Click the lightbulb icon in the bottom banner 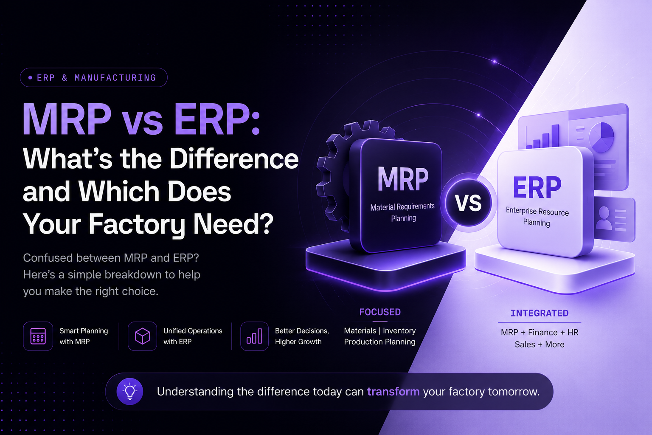(x=130, y=391)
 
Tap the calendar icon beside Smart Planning (x=38, y=336)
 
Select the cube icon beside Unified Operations (x=142, y=336)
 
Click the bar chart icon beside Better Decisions (x=254, y=336)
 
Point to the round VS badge (x=468, y=203)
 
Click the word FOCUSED (x=380, y=312)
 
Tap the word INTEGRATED (x=540, y=313)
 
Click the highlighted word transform (x=393, y=392)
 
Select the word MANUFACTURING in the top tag (x=115, y=78)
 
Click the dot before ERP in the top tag (x=30, y=77)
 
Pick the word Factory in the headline (x=137, y=224)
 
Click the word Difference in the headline (x=234, y=159)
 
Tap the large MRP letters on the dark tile (x=403, y=179)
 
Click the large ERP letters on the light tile (x=537, y=188)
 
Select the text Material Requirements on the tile (x=402, y=206)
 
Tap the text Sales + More (x=540, y=345)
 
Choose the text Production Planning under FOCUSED (x=379, y=342)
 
